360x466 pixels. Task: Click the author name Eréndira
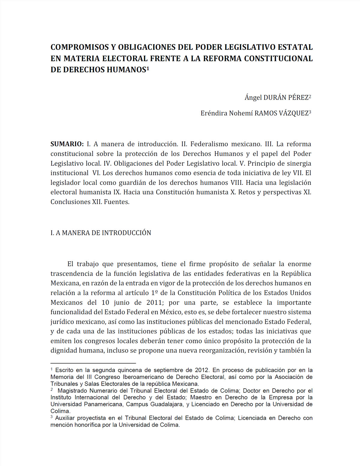[214, 113]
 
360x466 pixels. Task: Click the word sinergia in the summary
[296, 163]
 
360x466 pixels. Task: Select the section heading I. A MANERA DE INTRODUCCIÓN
[101, 233]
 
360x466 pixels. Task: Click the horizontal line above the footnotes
[93, 363]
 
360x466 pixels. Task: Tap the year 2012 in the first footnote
[202, 370]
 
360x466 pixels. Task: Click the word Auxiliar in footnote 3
[65, 418]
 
